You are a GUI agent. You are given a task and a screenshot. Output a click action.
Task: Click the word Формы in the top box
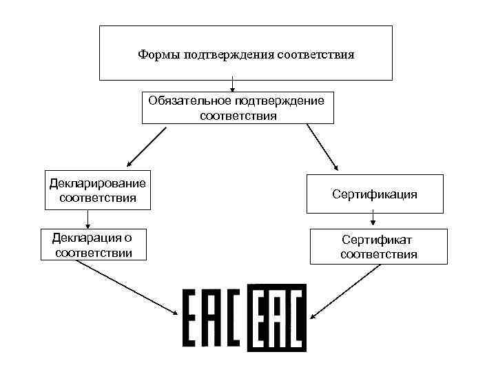coord(158,54)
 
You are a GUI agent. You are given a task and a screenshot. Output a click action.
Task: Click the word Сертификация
coord(375,194)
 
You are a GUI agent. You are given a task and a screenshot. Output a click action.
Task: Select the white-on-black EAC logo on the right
coord(276,318)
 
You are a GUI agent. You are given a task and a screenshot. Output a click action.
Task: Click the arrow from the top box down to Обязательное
coord(234,85)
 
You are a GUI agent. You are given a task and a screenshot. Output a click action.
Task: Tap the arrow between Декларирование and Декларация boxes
coord(87,218)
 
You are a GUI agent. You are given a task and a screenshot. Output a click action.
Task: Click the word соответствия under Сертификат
coord(378,255)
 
